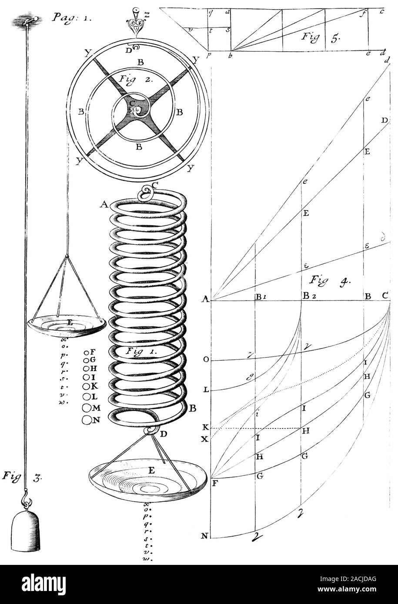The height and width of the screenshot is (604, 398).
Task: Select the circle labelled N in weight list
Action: click(x=87, y=420)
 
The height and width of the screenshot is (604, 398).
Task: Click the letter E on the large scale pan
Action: click(x=151, y=470)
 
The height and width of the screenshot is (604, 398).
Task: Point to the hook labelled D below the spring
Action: click(x=152, y=431)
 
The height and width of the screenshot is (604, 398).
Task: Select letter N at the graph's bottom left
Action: click(x=204, y=536)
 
